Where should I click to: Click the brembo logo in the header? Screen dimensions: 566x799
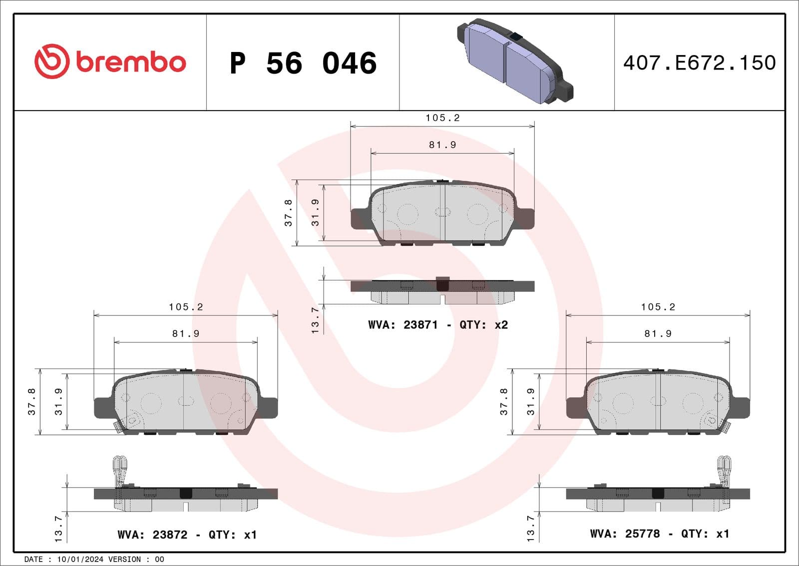(110, 61)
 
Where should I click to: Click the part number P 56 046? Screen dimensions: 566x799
(303, 63)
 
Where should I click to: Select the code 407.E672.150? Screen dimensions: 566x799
(699, 63)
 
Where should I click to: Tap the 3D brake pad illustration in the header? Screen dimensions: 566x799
(514, 61)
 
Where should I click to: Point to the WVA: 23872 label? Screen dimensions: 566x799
(152, 534)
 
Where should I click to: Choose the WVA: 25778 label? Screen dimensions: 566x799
(625, 533)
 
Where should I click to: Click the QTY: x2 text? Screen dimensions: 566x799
(483, 325)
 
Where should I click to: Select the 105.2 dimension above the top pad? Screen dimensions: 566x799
(442, 118)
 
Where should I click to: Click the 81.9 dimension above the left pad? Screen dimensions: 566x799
(186, 333)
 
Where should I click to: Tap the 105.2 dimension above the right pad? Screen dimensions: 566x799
(658, 307)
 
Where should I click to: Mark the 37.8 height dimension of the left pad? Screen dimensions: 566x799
(32, 401)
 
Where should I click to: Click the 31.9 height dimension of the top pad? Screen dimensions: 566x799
(315, 212)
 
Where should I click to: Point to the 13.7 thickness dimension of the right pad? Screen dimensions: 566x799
(531, 528)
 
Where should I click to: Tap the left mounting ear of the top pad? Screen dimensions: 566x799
(360, 219)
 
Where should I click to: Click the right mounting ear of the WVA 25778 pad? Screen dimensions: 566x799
(740, 407)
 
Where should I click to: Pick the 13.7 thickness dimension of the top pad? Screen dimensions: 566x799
(315, 320)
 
